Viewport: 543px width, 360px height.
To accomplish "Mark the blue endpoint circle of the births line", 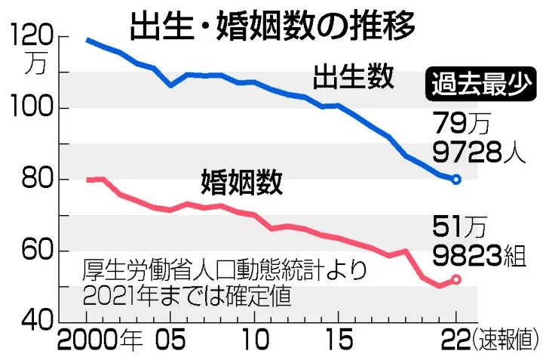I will coord(456,180).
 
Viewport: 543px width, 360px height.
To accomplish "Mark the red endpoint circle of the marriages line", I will coord(456,279).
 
